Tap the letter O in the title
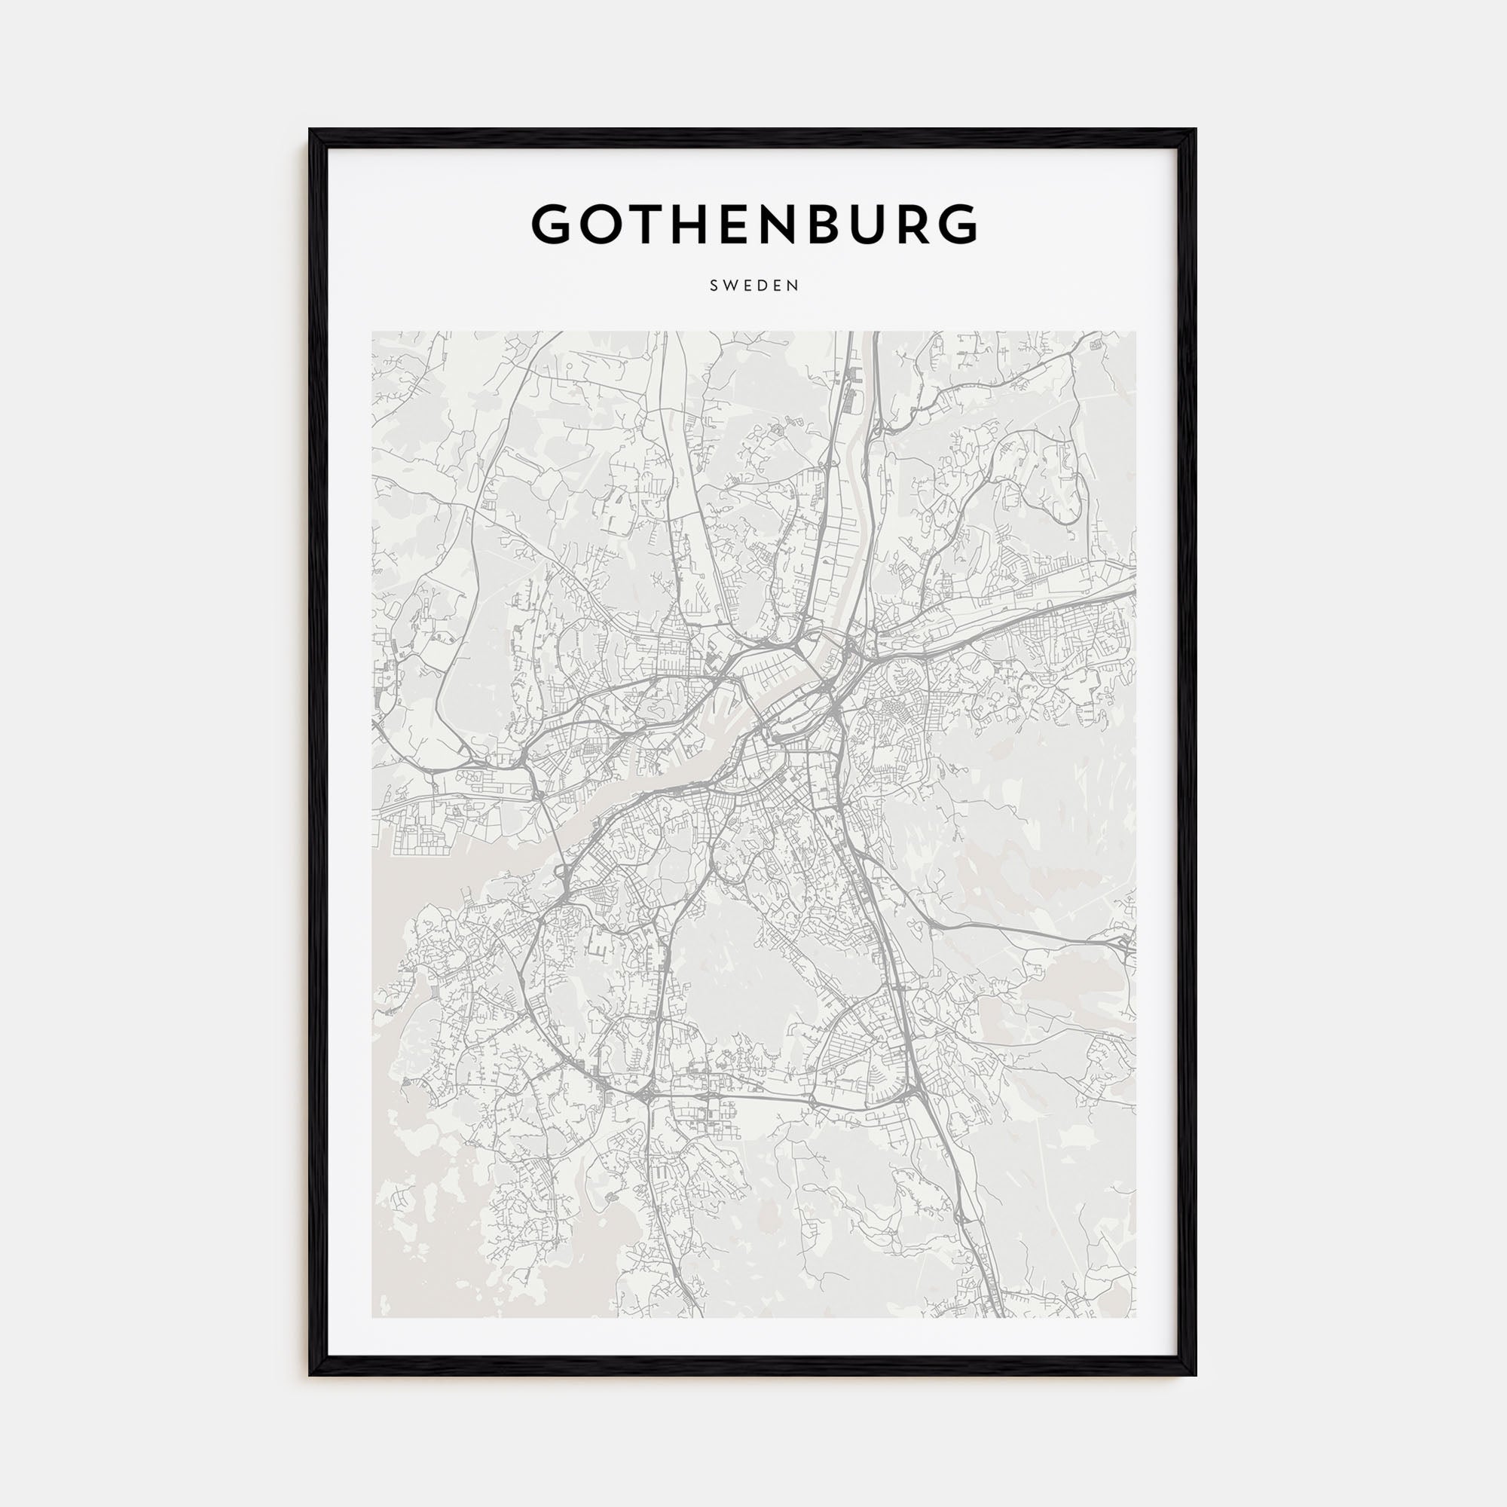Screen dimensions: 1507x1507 point(607,224)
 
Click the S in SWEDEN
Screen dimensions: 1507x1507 point(714,286)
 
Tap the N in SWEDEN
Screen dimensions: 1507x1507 point(794,286)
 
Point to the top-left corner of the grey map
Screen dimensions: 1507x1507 point(373,332)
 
